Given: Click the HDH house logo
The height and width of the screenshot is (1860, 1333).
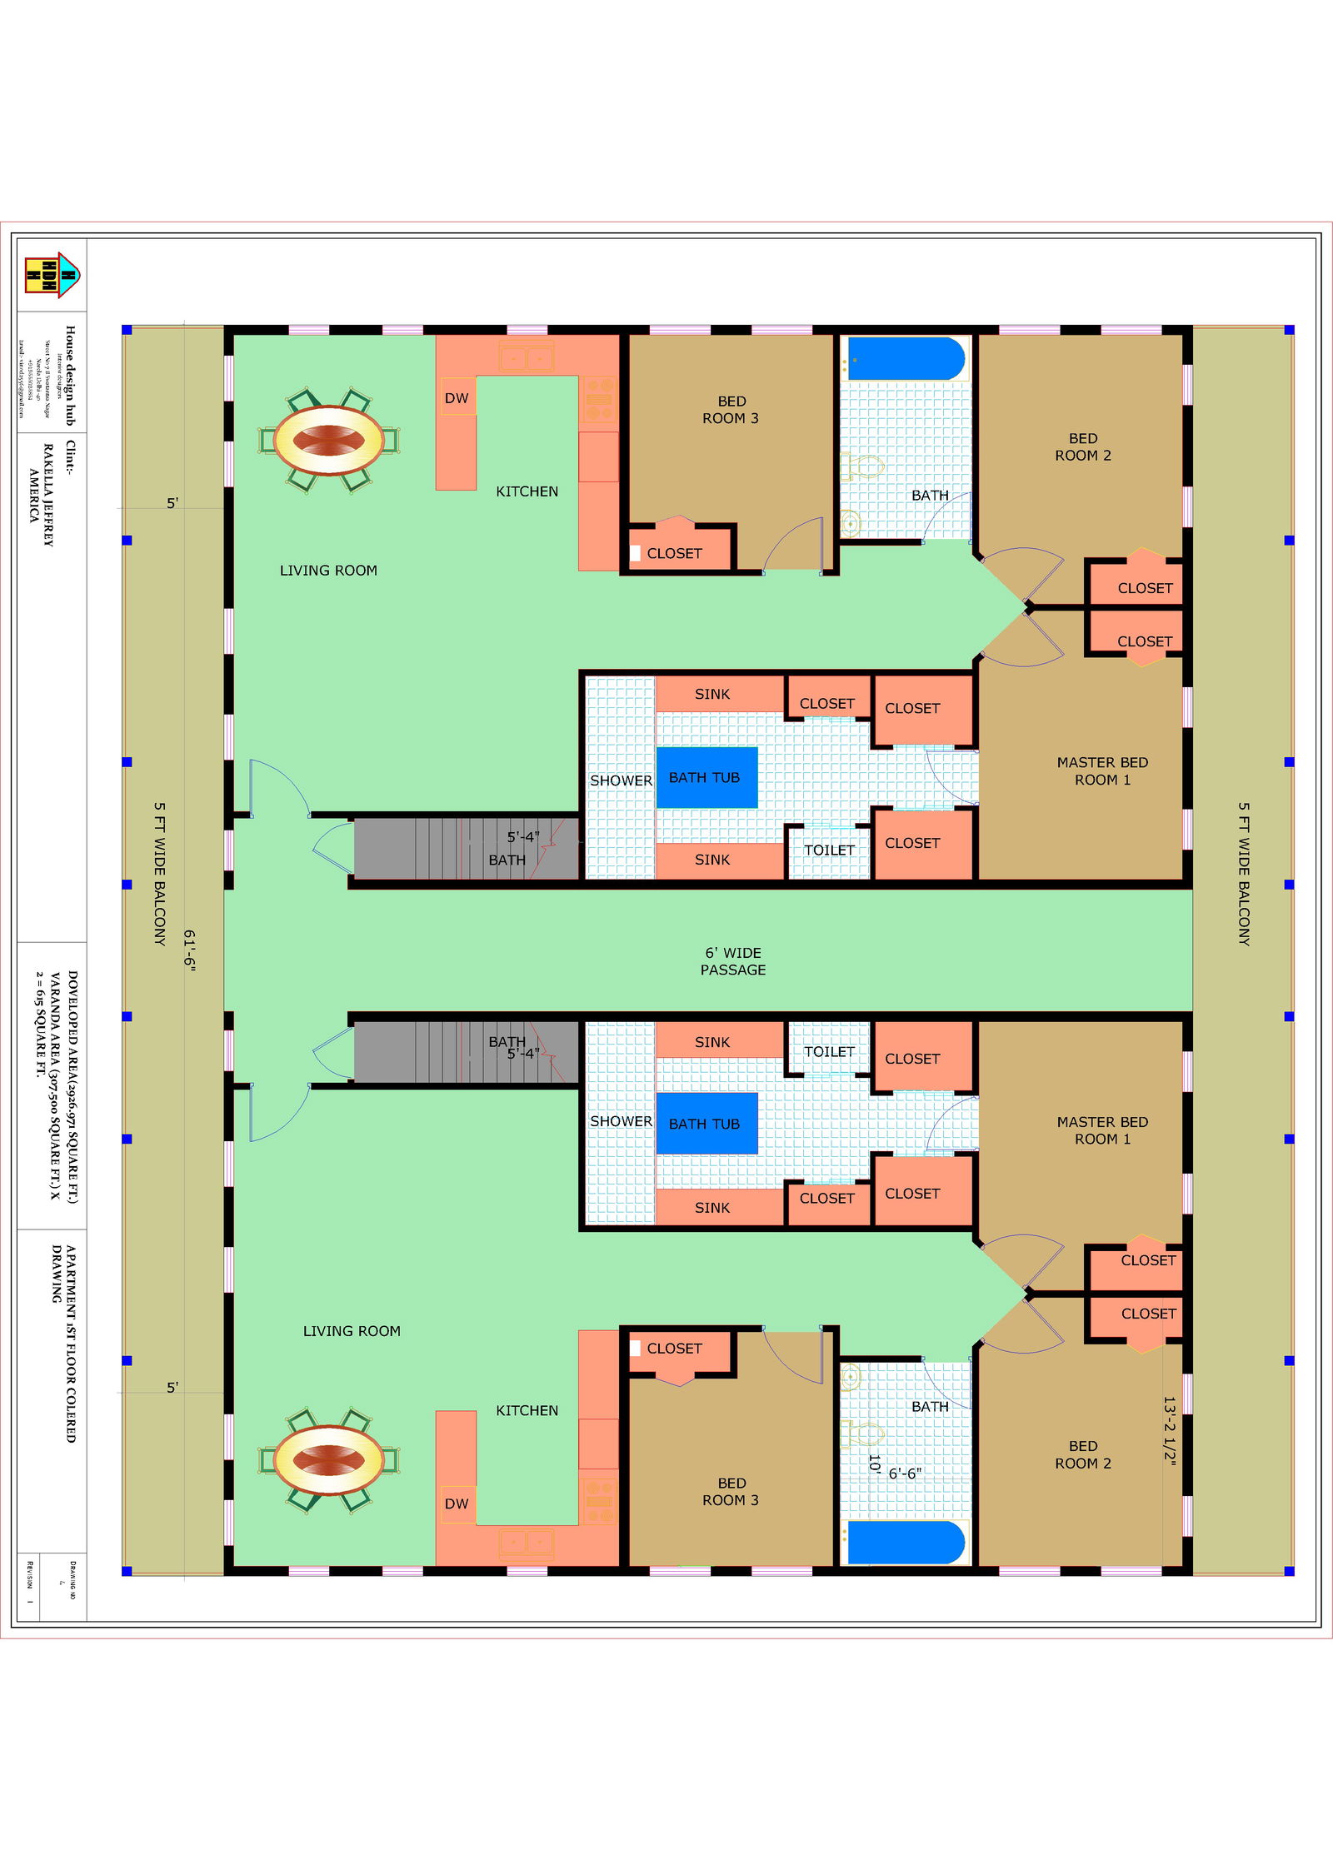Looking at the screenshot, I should tap(52, 275).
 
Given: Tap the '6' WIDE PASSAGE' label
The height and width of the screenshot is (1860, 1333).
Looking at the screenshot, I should tap(733, 961).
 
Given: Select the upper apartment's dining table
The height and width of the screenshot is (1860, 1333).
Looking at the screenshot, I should tap(329, 439).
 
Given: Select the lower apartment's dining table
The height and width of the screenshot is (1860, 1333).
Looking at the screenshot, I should tap(329, 1459).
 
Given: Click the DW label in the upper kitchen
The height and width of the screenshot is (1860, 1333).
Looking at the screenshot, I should tap(457, 398).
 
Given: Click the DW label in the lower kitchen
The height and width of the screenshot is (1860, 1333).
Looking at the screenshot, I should tap(457, 1503).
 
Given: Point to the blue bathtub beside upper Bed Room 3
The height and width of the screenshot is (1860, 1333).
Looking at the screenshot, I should tap(906, 358).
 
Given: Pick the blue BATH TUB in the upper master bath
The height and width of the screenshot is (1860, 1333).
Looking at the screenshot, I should tap(706, 777).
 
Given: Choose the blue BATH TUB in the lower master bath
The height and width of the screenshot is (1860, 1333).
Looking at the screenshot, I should tap(706, 1124).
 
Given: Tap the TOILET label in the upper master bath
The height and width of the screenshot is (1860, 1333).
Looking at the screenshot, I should tap(829, 850).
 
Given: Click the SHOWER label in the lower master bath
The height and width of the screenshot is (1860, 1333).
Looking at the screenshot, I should tap(621, 1121).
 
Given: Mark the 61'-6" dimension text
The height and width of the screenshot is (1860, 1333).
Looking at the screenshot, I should tap(189, 950).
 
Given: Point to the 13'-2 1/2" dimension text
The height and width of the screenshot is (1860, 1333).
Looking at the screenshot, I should tap(1170, 1430).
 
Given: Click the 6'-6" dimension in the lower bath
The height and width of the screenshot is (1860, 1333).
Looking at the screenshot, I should tap(905, 1474).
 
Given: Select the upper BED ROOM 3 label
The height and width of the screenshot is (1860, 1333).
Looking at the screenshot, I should tap(731, 410).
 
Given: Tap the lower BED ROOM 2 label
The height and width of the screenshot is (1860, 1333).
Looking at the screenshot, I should tap(1083, 1454).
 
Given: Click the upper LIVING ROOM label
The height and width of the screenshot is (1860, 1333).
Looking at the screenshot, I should tap(328, 571).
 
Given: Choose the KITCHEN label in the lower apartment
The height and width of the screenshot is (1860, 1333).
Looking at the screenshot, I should tap(527, 1410).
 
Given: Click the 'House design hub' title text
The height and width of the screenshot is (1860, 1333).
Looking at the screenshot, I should tap(71, 375).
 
